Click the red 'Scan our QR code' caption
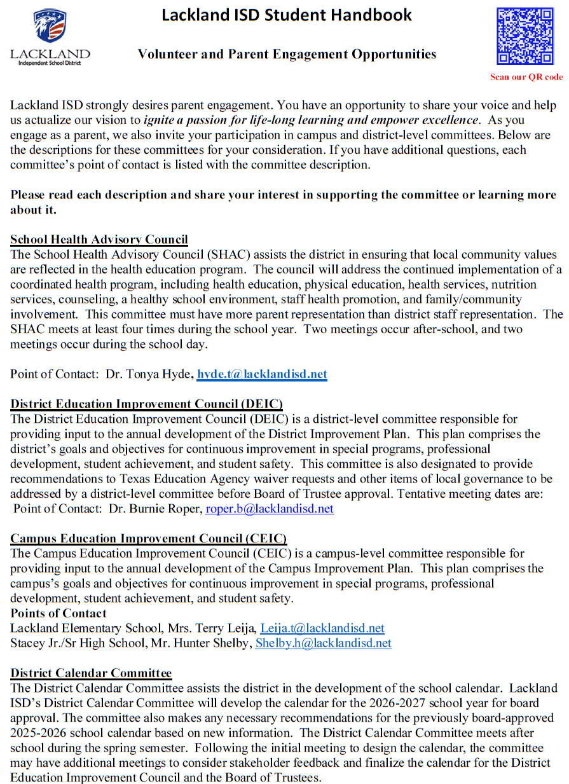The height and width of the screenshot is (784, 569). click(526, 77)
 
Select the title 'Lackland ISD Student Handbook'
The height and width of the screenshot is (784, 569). click(287, 15)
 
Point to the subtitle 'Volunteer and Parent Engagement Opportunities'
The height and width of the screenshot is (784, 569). click(287, 54)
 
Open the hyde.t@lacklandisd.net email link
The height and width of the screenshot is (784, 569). click(262, 374)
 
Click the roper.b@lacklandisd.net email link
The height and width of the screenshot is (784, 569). click(270, 509)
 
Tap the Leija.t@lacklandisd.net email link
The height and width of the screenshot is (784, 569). click(322, 628)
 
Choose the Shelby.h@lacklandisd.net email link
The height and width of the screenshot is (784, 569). click(323, 643)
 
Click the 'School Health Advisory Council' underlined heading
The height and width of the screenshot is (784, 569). click(99, 240)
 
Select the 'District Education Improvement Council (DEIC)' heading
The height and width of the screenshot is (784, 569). click(146, 404)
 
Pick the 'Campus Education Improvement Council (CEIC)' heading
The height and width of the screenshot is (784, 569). click(148, 539)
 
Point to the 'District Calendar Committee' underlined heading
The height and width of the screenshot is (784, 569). click(91, 673)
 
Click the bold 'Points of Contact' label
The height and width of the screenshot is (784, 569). click(58, 613)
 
